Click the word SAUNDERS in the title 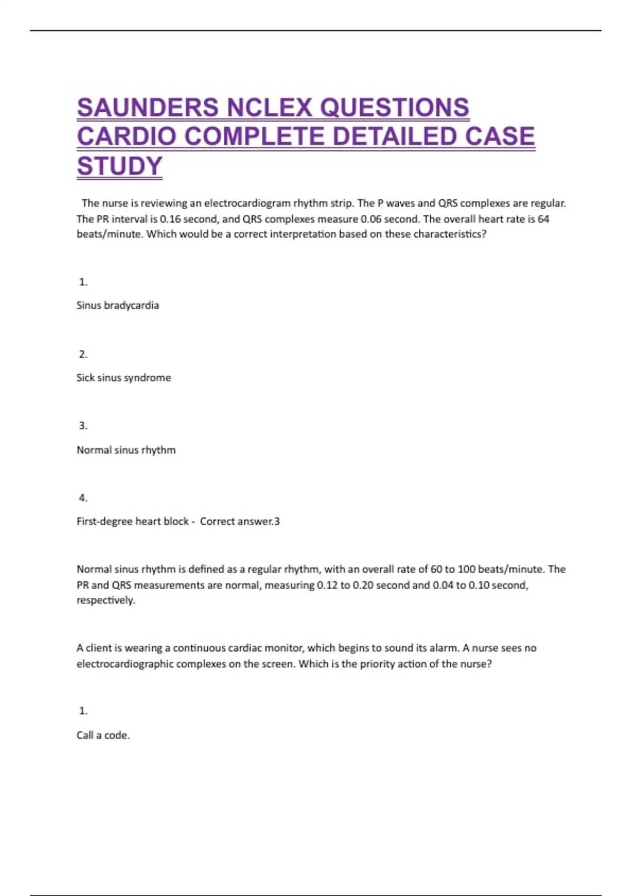pos(148,108)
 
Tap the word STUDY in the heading pos(120,166)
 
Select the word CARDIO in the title pos(127,137)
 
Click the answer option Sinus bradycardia pos(117,305)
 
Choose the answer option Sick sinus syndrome pos(124,377)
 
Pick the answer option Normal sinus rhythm pos(126,450)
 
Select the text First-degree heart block pos(133,521)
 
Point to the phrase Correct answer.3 pos(240,521)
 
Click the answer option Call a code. pos(103,735)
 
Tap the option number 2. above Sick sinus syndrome pos(83,354)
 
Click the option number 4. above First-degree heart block pos(83,498)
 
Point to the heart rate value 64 pos(544,219)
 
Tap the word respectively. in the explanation pos(106,600)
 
